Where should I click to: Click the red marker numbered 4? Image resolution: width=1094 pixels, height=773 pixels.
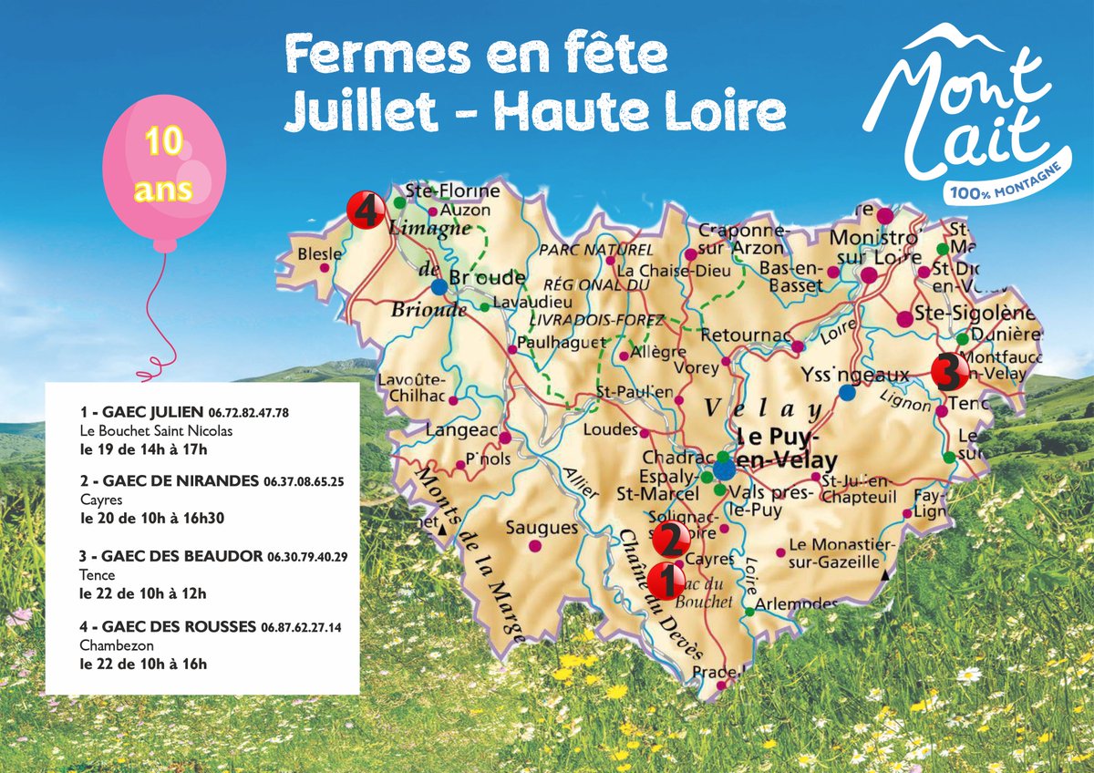pos(364,211)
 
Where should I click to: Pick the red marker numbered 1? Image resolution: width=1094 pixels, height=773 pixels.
pos(665,577)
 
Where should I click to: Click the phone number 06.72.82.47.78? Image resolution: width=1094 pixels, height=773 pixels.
pos(249,413)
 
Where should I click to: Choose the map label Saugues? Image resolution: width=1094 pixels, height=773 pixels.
pos(542,528)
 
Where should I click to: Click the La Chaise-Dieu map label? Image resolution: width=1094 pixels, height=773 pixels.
pos(661,271)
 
